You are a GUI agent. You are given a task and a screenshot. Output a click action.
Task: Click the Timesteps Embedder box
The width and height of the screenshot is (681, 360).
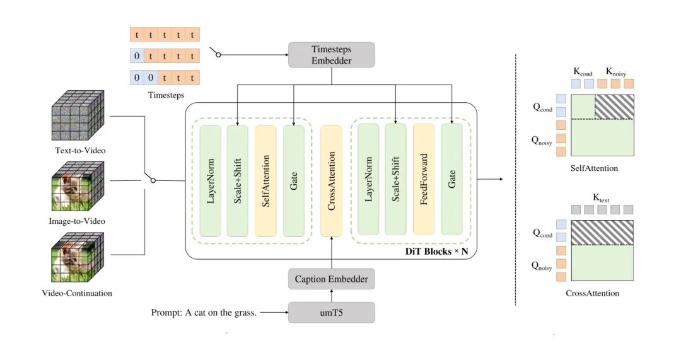[x=332, y=55]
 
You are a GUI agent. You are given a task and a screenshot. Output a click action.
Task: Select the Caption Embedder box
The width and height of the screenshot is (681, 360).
[x=332, y=278]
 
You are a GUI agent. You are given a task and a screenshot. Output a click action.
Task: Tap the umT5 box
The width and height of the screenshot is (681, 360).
[x=332, y=312]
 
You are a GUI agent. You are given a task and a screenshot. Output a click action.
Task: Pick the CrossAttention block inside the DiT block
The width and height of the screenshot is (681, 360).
[x=332, y=180]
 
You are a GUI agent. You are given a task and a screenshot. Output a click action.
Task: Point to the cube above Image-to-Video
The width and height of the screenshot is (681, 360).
[x=77, y=187]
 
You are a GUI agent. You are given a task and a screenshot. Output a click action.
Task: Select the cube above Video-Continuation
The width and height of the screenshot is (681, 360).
[x=77, y=259]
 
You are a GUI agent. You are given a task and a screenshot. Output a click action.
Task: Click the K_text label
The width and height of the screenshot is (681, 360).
[x=601, y=197]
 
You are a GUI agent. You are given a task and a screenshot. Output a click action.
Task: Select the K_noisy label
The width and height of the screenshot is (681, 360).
[x=616, y=71]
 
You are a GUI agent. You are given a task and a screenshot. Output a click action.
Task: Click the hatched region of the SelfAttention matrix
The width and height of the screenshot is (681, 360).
[x=614, y=107]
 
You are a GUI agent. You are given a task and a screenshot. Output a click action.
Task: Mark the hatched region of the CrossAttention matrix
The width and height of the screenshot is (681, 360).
[x=601, y=232]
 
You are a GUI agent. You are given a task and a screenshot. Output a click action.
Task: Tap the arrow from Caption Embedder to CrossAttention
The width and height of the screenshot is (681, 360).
[x=332, y=252]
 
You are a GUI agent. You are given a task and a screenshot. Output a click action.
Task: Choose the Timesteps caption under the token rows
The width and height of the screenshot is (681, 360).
[x=165, y=95]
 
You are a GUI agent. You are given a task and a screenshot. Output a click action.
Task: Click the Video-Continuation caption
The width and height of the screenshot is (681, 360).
[x=77, y=293]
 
